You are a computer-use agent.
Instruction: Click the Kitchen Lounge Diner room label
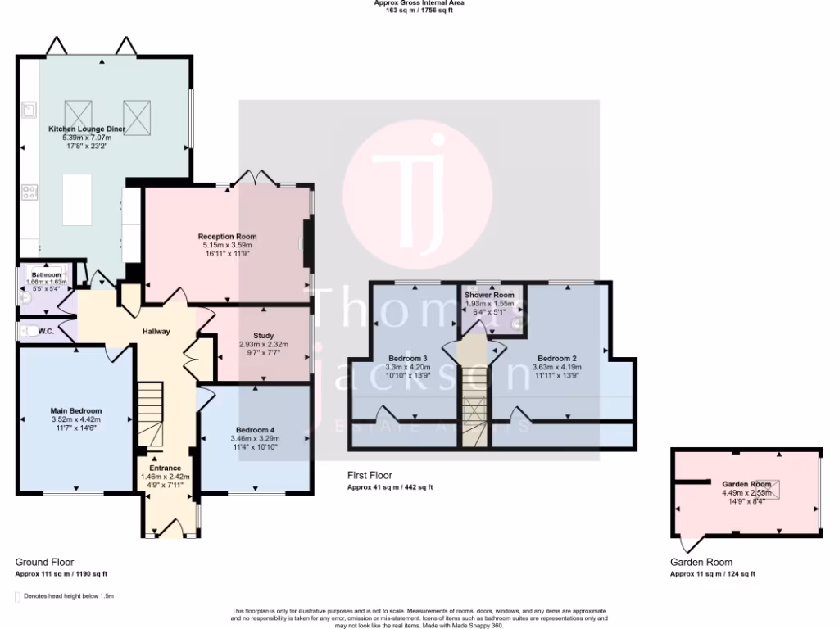[86, 129]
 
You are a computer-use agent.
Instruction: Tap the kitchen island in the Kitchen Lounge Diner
[78, 199]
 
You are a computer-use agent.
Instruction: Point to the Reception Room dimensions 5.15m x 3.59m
[227, 245]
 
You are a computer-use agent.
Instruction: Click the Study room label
[263, 336]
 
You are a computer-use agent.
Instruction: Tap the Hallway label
[156, 332]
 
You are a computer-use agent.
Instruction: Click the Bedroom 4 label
[256, 430]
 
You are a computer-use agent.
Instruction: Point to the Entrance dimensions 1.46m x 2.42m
[166, 476]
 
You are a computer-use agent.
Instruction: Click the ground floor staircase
[150, 414]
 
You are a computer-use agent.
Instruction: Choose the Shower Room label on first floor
[489, 295]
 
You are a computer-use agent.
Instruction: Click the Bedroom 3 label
[408, 359]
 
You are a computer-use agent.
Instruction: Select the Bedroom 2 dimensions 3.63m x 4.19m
[558, 367]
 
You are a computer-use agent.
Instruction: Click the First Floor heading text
[370, 475]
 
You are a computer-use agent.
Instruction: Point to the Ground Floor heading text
[45, 563]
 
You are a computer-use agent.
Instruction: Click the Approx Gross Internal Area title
[419, 3]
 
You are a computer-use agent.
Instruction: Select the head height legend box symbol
[19, 596]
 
